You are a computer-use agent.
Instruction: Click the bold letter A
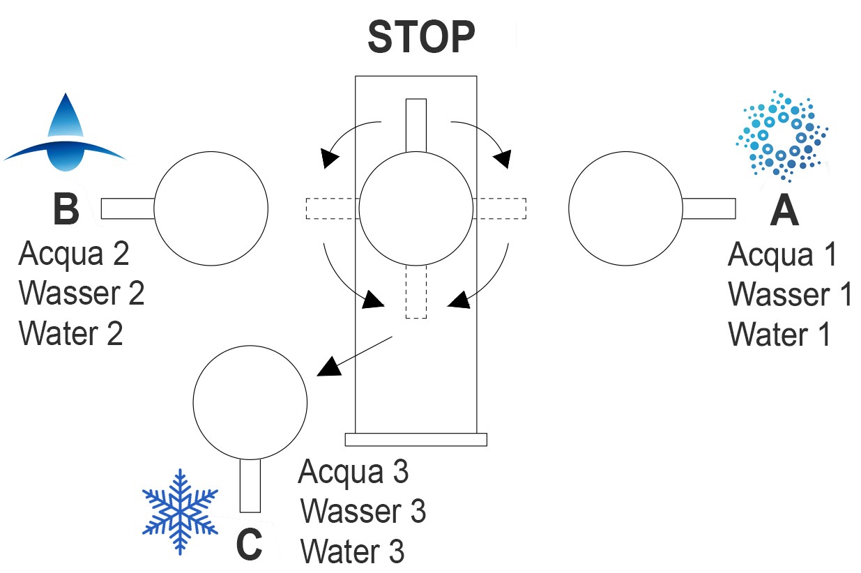[784, 211]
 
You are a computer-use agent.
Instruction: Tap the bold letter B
[66, 209]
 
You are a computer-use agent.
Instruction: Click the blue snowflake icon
[181, 512]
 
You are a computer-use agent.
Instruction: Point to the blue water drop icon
[65, 133]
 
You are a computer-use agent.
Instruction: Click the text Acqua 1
[782, 255]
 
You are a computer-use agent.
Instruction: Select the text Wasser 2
[82, 293]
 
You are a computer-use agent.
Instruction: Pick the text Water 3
[352, 551]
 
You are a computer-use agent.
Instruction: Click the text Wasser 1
[790, 295]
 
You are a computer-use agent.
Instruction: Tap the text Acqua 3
[353, 472]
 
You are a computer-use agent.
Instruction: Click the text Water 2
[71, 333]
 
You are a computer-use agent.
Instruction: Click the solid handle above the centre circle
[416, 125]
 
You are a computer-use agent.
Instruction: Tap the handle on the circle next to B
[128, 208]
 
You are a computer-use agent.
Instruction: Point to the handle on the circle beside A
[708, 208]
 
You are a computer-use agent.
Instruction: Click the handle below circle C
[250, 486]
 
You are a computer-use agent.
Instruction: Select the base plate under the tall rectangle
[416, 439]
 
